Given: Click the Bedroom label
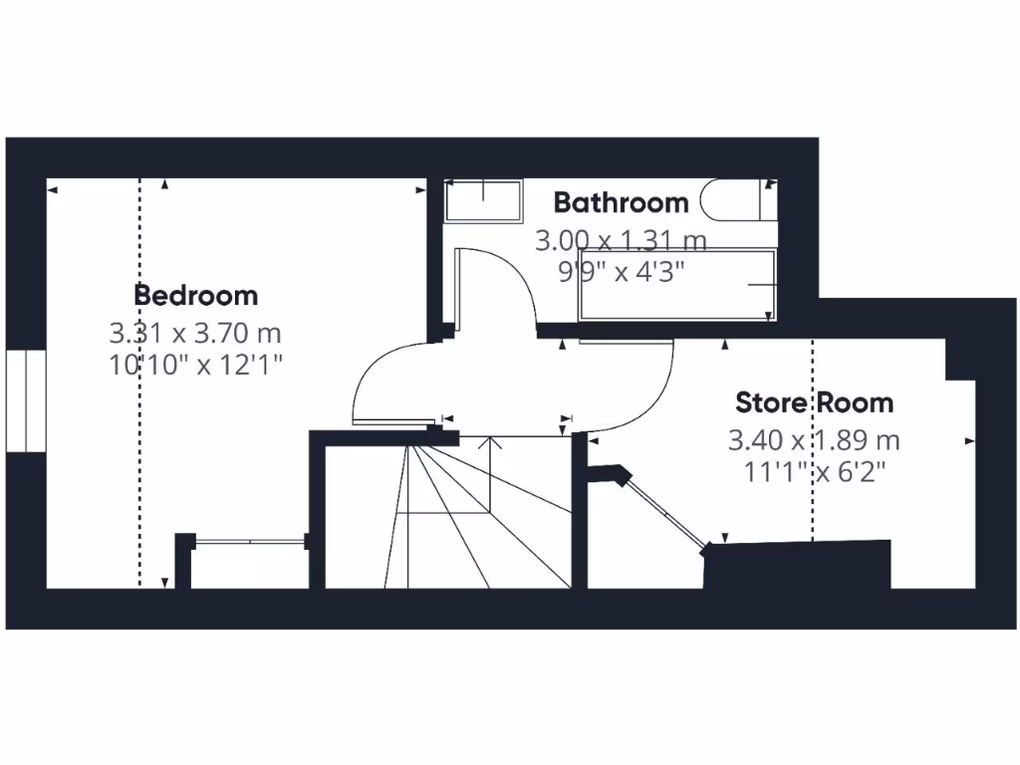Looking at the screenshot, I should click(196, 296).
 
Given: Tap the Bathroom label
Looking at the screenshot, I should click(621, 203).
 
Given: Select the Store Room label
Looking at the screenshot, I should click(814, 403).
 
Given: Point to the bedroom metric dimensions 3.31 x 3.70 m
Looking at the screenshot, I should click(196, 331).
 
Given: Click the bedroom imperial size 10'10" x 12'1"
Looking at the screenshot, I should click(196, 365).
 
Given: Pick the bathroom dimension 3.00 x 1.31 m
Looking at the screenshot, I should click(621, 240).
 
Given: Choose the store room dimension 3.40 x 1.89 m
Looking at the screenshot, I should click(814, 439).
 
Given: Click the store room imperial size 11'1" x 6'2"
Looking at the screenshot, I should click(814, 472).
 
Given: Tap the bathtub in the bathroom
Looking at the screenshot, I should click(676, 285).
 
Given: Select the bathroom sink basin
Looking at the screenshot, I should click(483, 200).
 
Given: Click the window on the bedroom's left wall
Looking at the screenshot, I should click(26, 400).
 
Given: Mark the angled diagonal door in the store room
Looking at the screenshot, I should click(666, 511).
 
